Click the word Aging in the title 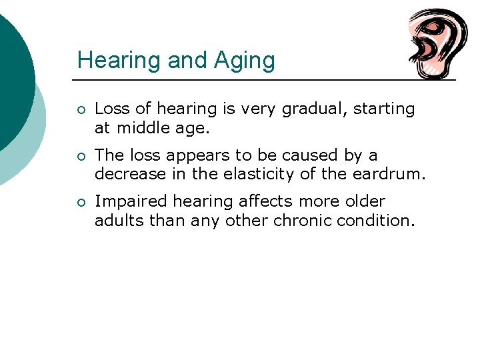pyautogui.click(x=244, y=61)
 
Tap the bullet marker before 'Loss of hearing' pyautogui.click(x=81, y=109)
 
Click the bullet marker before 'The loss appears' pyautogui.click(x=81, y=156)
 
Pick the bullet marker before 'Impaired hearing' pyautogui.click(x=81, y=202)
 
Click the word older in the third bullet pyautogui.click(x=364, y=201)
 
